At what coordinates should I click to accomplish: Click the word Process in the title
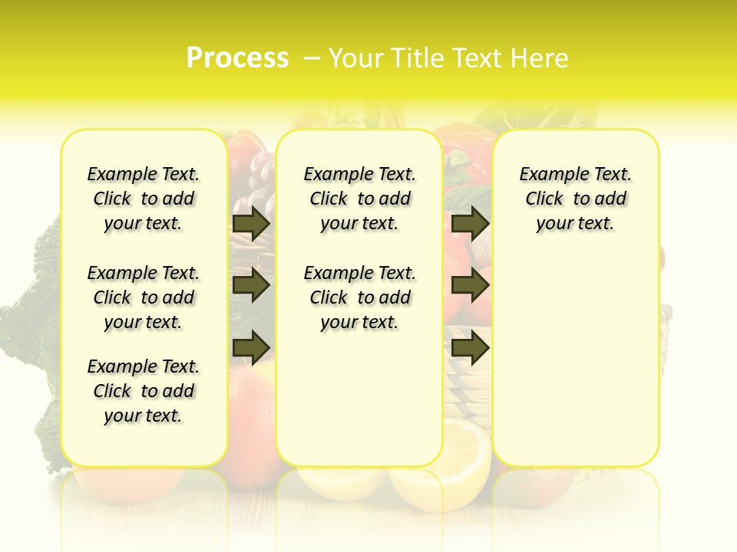(x=237, y=58)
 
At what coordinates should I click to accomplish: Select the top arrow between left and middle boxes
(x=251, y=223)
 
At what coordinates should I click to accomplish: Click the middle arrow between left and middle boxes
(x=251, y=285)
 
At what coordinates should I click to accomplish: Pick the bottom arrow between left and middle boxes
(x=251, y=347)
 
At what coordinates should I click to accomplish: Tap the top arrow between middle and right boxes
(x=469, y=223)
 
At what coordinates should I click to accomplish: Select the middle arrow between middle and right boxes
(x=469, y=285)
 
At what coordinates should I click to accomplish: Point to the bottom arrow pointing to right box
(x=469, y=347)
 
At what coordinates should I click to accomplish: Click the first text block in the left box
(x=144, y=199)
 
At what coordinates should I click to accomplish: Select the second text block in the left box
(x=144, y=297)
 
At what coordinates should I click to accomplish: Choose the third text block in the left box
(x=144, y=391)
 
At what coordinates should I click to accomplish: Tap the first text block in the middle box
(x=360, y=199)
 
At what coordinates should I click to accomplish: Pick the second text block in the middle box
(x=360, y=297)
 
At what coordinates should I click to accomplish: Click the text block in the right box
(x=576, y=199)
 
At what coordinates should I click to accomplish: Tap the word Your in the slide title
(x=356, y=58)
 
